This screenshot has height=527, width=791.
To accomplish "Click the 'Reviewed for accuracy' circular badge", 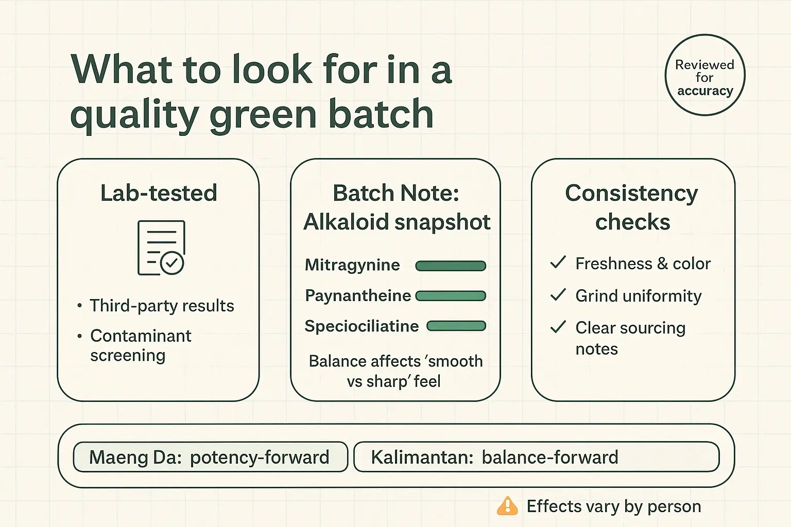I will [x=704, y=75].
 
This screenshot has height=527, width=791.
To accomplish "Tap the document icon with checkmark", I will [x=161, y=248].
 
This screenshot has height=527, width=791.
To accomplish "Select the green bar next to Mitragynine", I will [x=451, y=266].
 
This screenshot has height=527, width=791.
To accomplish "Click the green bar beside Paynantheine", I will [x=451, y=296].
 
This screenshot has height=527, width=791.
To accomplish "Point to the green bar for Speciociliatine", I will [x=456, y=326].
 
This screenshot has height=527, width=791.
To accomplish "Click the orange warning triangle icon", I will [x=507, y=506].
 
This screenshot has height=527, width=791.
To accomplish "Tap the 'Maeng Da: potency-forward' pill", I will [x=210, y=457].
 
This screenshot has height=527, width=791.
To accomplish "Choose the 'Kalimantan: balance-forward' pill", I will [x=536, y=457].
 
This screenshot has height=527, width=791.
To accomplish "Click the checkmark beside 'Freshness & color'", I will [x=558, y=262].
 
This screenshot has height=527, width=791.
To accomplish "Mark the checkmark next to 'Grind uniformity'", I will [x=558, y=295].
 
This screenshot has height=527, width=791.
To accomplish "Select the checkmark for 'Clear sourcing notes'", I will [x=558, y=327].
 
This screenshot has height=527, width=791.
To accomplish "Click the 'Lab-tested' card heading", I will [x=159, y=193].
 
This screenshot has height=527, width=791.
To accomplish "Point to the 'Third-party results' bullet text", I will [x=162, y=306].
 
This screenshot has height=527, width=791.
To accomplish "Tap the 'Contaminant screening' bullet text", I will [x=140, y=345].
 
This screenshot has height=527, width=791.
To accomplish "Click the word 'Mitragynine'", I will [x=352, y=265].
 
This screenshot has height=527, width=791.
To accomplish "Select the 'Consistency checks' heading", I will [x=632, y=207].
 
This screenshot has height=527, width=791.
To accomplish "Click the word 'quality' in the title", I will [x=134, y=115].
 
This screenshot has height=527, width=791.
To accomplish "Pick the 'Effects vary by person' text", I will [x=613, y=506].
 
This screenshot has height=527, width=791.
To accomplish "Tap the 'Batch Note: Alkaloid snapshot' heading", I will [x=396, y=207].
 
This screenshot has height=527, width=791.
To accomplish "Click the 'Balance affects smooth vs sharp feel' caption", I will [x=395, y=371].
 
